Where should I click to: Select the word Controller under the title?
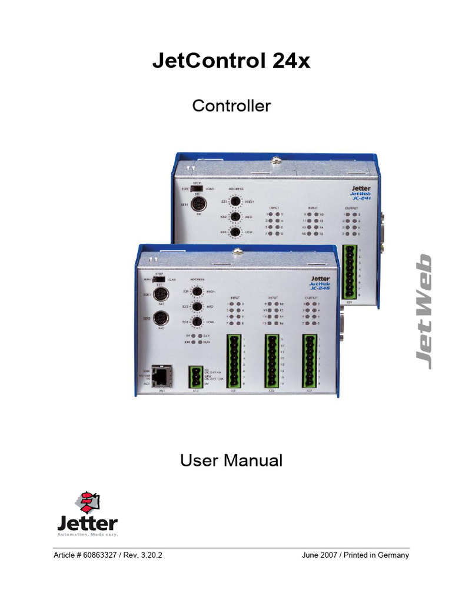231,106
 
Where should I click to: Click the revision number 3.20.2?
148,555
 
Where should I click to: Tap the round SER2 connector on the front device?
162,319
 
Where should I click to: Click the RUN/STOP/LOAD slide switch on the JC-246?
158,279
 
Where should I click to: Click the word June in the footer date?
311,555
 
